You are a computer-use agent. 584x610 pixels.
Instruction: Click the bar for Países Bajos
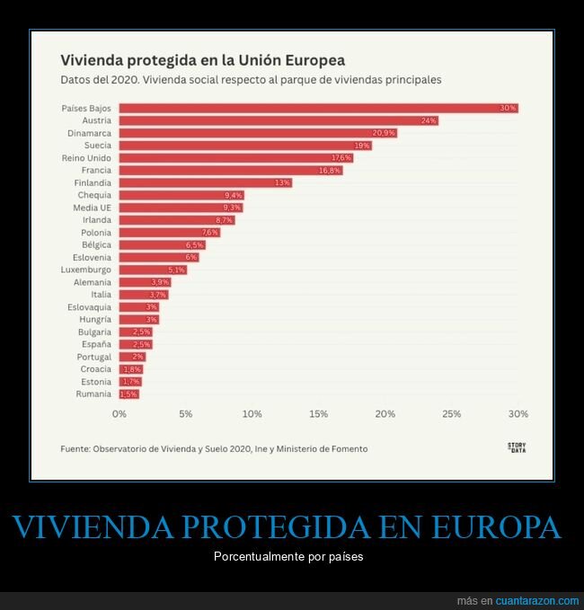click(x=318, y=108)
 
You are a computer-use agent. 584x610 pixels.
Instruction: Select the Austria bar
click(x=279, y=120)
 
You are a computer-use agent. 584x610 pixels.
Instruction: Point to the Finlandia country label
click(x=93, y=182)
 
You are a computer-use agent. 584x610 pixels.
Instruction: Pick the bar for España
click(x=136, y=344)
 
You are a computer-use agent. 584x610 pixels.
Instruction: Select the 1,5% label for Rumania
click(x=128, y=394)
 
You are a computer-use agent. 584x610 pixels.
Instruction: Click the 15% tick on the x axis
click(x=318, y=414)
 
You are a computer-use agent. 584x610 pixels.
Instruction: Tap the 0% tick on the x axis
click(x=119, y=414)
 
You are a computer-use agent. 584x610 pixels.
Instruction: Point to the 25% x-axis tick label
click(x=451, y=414)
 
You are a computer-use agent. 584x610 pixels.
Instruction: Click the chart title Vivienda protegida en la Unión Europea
click(x=202, y=60)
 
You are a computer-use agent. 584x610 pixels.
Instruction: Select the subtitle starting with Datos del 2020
click(x=250, y=80)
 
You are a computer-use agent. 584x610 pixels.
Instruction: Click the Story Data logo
click(x=517, y=447)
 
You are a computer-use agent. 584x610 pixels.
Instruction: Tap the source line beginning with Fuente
click(x=214, y=448)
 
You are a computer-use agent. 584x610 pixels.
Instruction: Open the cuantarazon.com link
click(x=536, y=600)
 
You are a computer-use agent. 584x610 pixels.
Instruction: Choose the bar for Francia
click(x=230, y=170)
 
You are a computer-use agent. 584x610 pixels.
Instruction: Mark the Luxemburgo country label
click(x=86, y=270)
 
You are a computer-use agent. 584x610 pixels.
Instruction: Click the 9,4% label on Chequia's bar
click(x=233, y=195)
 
